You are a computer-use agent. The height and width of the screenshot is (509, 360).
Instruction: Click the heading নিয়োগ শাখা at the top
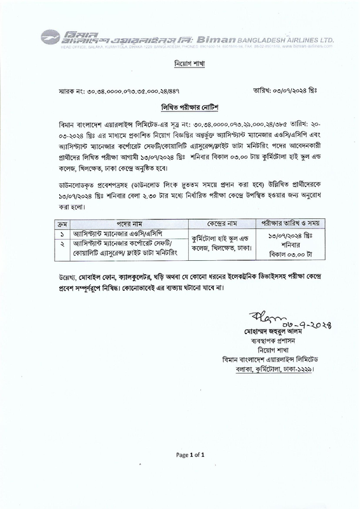(x=180, y=66)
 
